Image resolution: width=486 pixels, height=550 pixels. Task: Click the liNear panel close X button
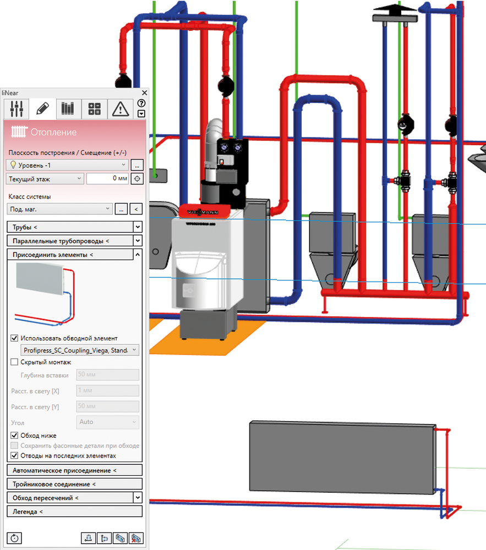point(145,93)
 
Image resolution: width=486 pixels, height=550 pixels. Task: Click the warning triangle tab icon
point(120,109)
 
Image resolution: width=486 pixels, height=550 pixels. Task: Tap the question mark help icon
point(141,103)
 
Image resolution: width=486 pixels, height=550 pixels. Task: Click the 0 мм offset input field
point(107,179)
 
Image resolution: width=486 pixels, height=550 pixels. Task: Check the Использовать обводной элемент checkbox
point(15,338)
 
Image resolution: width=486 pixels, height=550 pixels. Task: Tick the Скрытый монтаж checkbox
point(15,362)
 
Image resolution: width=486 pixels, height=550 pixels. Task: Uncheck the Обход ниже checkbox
point(15,436)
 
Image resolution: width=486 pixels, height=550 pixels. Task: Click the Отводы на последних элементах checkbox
point(15,455)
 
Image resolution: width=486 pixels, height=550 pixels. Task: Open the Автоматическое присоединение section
point(74,470)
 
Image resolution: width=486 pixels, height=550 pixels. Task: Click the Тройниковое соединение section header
point(74,484)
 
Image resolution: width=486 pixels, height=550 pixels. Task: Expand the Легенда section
point(74,512)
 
